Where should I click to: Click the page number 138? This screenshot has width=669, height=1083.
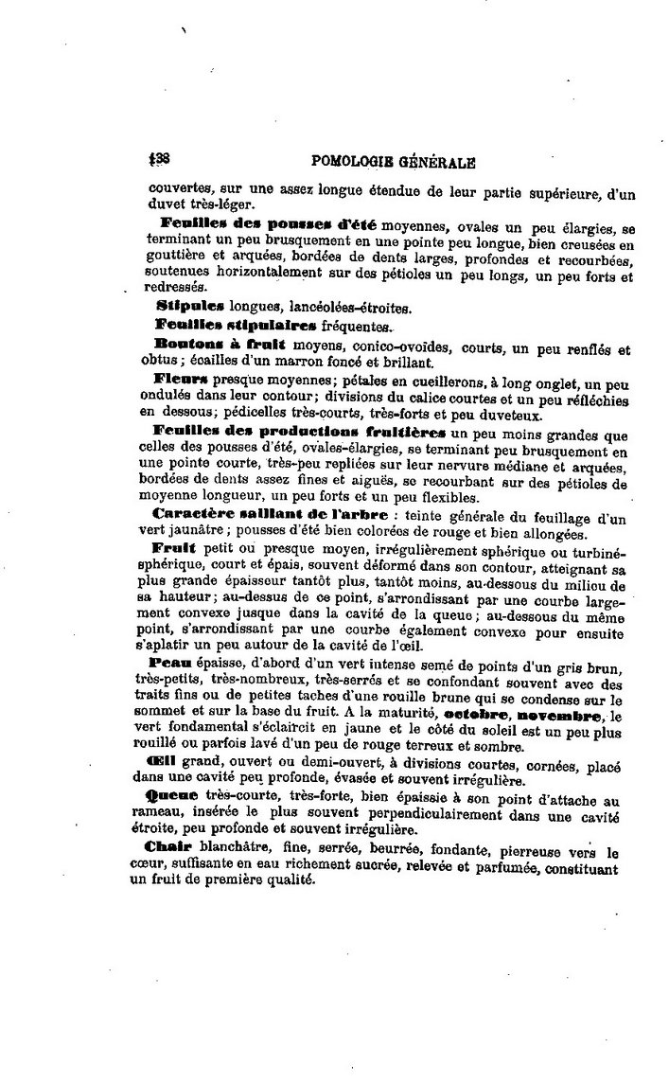pos(158,160)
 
